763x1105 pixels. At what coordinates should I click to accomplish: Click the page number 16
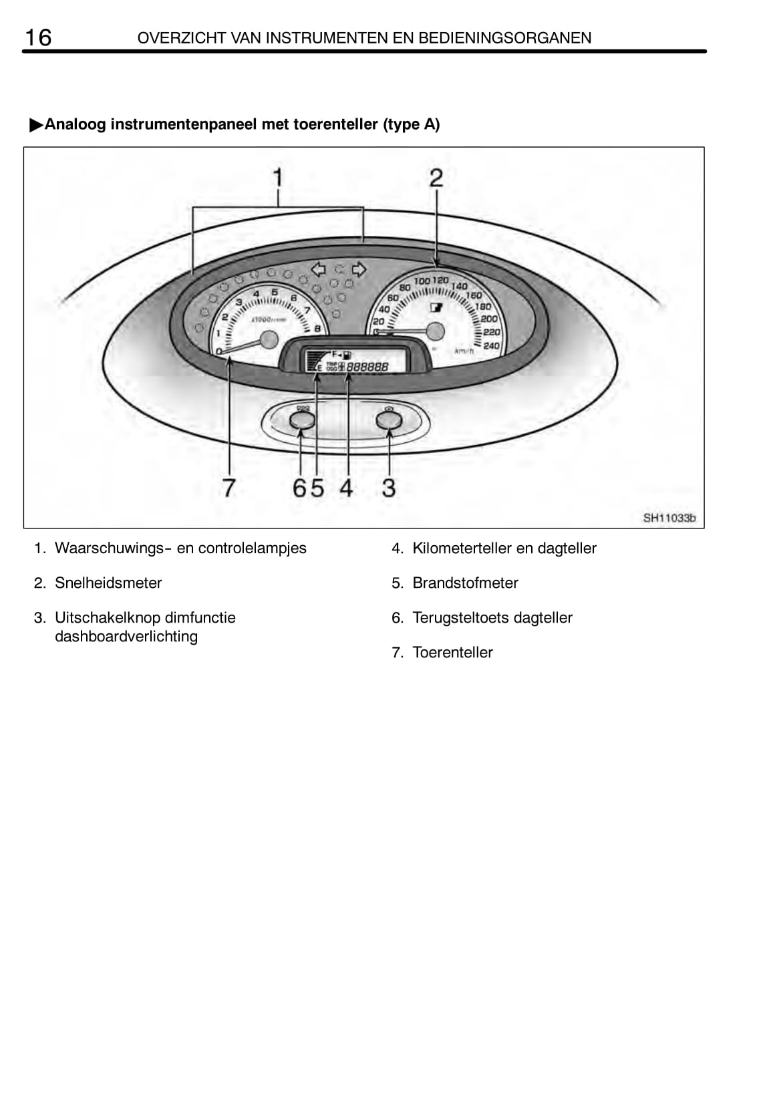[37, 37]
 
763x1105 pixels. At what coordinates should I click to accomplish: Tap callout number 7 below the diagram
[229, 488]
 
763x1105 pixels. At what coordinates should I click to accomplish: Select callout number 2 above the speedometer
[436, 178]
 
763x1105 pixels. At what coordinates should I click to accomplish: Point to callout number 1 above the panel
[278, 178]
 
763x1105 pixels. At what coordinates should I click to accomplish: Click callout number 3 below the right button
[389, 488]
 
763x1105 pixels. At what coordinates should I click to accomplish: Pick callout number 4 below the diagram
[345, 488]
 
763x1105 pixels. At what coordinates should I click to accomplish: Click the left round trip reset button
[302, 420]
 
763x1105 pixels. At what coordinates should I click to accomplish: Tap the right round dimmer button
[389, 420]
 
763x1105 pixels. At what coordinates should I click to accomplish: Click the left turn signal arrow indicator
[319, 269]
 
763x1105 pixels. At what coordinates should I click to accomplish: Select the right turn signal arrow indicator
[359, 269]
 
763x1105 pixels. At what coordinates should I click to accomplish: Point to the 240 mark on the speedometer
[491, 345]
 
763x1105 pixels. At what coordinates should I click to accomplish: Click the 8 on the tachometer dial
[317, 329]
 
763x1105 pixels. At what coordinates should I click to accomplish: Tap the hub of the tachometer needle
[269, 339]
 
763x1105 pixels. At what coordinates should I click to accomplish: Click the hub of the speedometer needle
[435, 331]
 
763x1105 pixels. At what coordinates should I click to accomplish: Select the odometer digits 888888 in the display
[367, 367]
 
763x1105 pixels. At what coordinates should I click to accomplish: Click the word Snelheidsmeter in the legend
[108, 583]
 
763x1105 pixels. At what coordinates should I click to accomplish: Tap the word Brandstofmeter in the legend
[465, 583]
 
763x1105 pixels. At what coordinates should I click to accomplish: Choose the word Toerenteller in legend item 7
[452, 653]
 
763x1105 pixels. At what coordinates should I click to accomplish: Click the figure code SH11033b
[669, 518]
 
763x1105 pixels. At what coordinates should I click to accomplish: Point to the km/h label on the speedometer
[463, 351]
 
